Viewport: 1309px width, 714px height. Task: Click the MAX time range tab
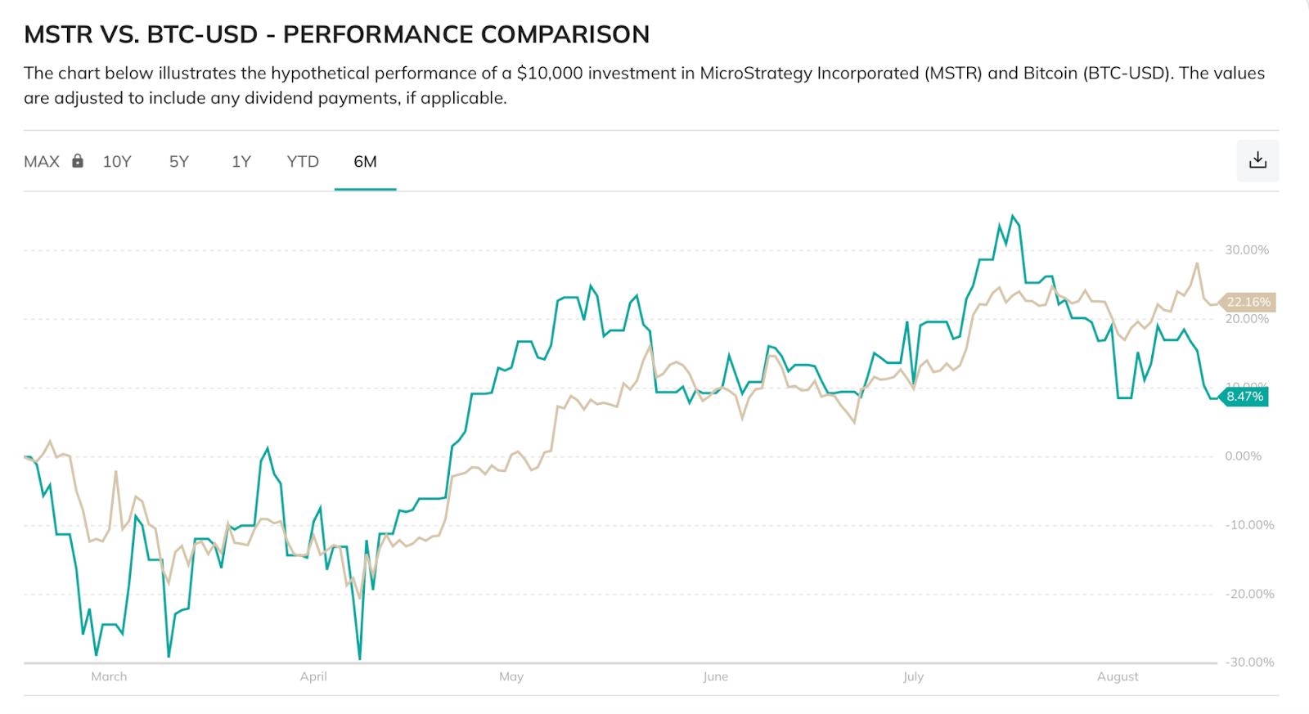pyautogui.click(x=42, y=161)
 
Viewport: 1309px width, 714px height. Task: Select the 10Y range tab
pyautogui.click(x=117, y=161)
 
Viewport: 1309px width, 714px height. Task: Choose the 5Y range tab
pyautogui.click(x=179, y=161)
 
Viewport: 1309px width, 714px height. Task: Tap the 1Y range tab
pyautogui.click(x=241, y=161)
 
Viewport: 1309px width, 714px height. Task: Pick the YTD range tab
pyautogui.click(x=303, y=161)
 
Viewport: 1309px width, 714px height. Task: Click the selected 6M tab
pyautogui.click(x=365, y=161)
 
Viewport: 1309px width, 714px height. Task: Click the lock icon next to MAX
pyautogui.click(x=78, y=160)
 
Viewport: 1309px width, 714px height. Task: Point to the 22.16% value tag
pyautogui.click(x=1248, y=302)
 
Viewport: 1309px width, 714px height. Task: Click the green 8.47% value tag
pyautogui.click(x=1244, y=397)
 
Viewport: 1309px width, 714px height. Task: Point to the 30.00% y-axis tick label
pyautogui.click(x=1246, y=249)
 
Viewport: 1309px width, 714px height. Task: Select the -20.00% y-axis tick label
pyautogui.click(x=1249, y=594)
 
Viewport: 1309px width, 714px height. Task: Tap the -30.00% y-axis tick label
pyautogui.click(x=1249, y=662)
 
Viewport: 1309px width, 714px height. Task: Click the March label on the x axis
pyautogui.click(x=109, y=676)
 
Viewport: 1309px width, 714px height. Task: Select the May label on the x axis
pyautogui.click(x=511, y=676)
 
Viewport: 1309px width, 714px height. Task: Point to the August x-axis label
pyautogui.click(x=1118, y=676)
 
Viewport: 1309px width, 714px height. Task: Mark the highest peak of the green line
pyautogui.click(x=1013, y=216)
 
